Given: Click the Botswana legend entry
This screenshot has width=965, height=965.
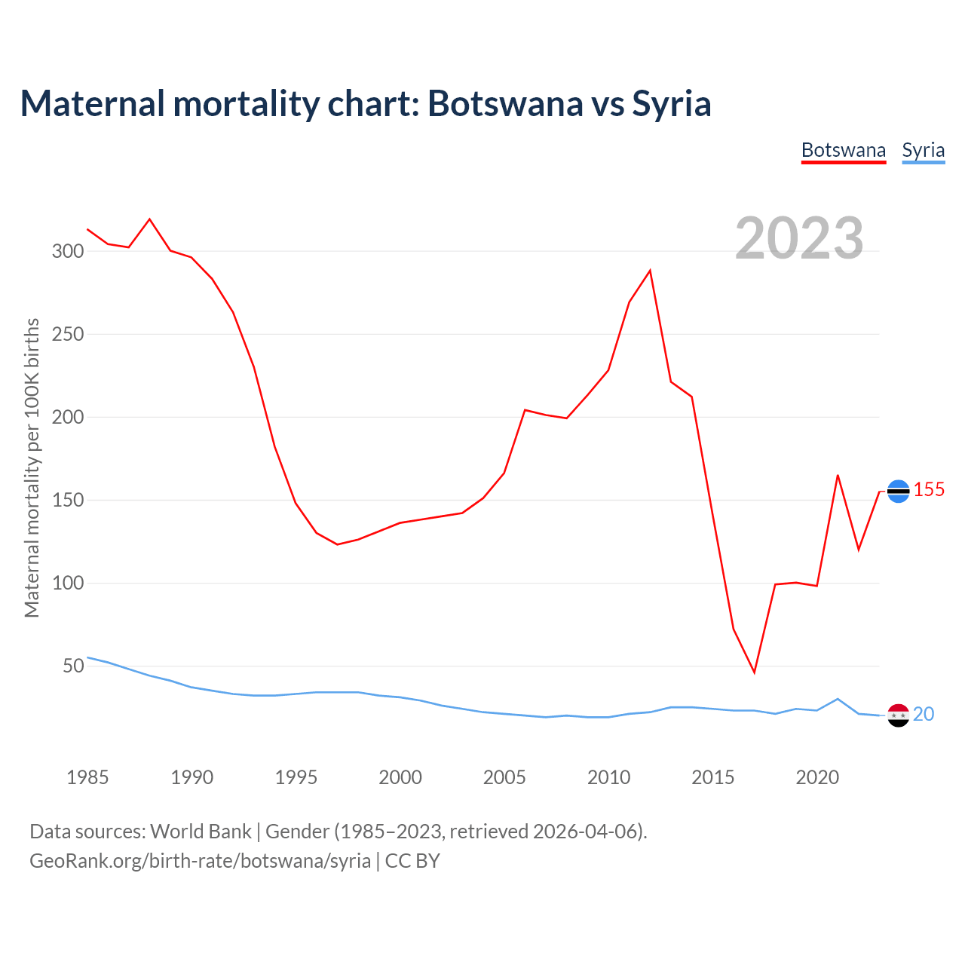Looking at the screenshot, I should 843,150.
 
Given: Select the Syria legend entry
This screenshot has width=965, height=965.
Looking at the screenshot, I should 923,150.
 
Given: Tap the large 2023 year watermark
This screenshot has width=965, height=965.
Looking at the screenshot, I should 799,238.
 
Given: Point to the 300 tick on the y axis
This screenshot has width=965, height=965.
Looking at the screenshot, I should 67,251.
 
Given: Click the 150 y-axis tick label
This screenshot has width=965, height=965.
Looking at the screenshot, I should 67,500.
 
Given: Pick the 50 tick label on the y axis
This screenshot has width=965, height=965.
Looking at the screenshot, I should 72,666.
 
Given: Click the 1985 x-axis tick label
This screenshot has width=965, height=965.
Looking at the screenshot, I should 87,777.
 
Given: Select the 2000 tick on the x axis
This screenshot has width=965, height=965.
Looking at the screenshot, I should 400,777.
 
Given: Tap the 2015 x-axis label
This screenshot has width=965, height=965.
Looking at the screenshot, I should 712,777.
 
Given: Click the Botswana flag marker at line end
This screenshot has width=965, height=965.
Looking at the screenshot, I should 898,492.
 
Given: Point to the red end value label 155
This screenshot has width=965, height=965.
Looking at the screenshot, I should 929,490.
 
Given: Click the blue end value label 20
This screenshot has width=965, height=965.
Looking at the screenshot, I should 924,714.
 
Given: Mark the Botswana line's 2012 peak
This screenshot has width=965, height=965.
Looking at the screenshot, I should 650,270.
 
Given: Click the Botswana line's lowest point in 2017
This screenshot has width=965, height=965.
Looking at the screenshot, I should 754,672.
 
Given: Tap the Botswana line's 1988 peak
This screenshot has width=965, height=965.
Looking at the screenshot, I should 150,219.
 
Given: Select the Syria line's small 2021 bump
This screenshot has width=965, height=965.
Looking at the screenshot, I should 838,699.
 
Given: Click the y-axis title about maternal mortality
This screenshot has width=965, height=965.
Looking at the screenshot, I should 32,467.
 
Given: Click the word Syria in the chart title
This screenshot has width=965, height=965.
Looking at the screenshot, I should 671,103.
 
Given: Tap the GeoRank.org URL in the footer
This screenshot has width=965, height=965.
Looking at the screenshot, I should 200,860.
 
